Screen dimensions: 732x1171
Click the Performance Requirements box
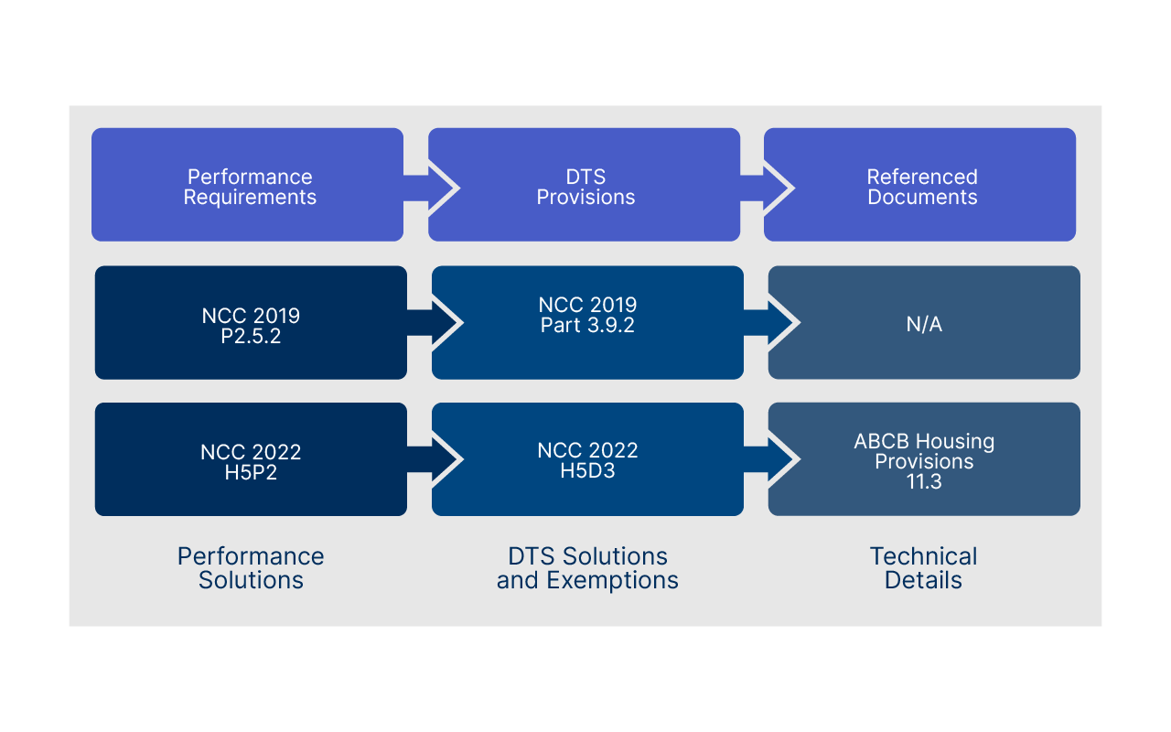tap(247, 186)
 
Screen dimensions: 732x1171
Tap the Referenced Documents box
tap(920, 186)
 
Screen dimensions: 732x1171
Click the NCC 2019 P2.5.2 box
tap(251, 323)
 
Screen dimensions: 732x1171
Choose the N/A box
tap(924, 323)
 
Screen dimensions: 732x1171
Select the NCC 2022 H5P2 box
tap(251, 460)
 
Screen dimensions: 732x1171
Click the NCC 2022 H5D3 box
tap(587, 460)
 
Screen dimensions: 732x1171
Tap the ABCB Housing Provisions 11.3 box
tap(924, 460)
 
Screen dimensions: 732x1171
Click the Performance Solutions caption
tap(251, 567)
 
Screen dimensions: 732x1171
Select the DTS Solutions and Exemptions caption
tap(587, 567)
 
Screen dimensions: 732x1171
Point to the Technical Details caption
tap(923, 567)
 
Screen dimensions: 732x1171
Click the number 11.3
tap(924, 482)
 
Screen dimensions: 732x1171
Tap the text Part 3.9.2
tap(587, 325)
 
